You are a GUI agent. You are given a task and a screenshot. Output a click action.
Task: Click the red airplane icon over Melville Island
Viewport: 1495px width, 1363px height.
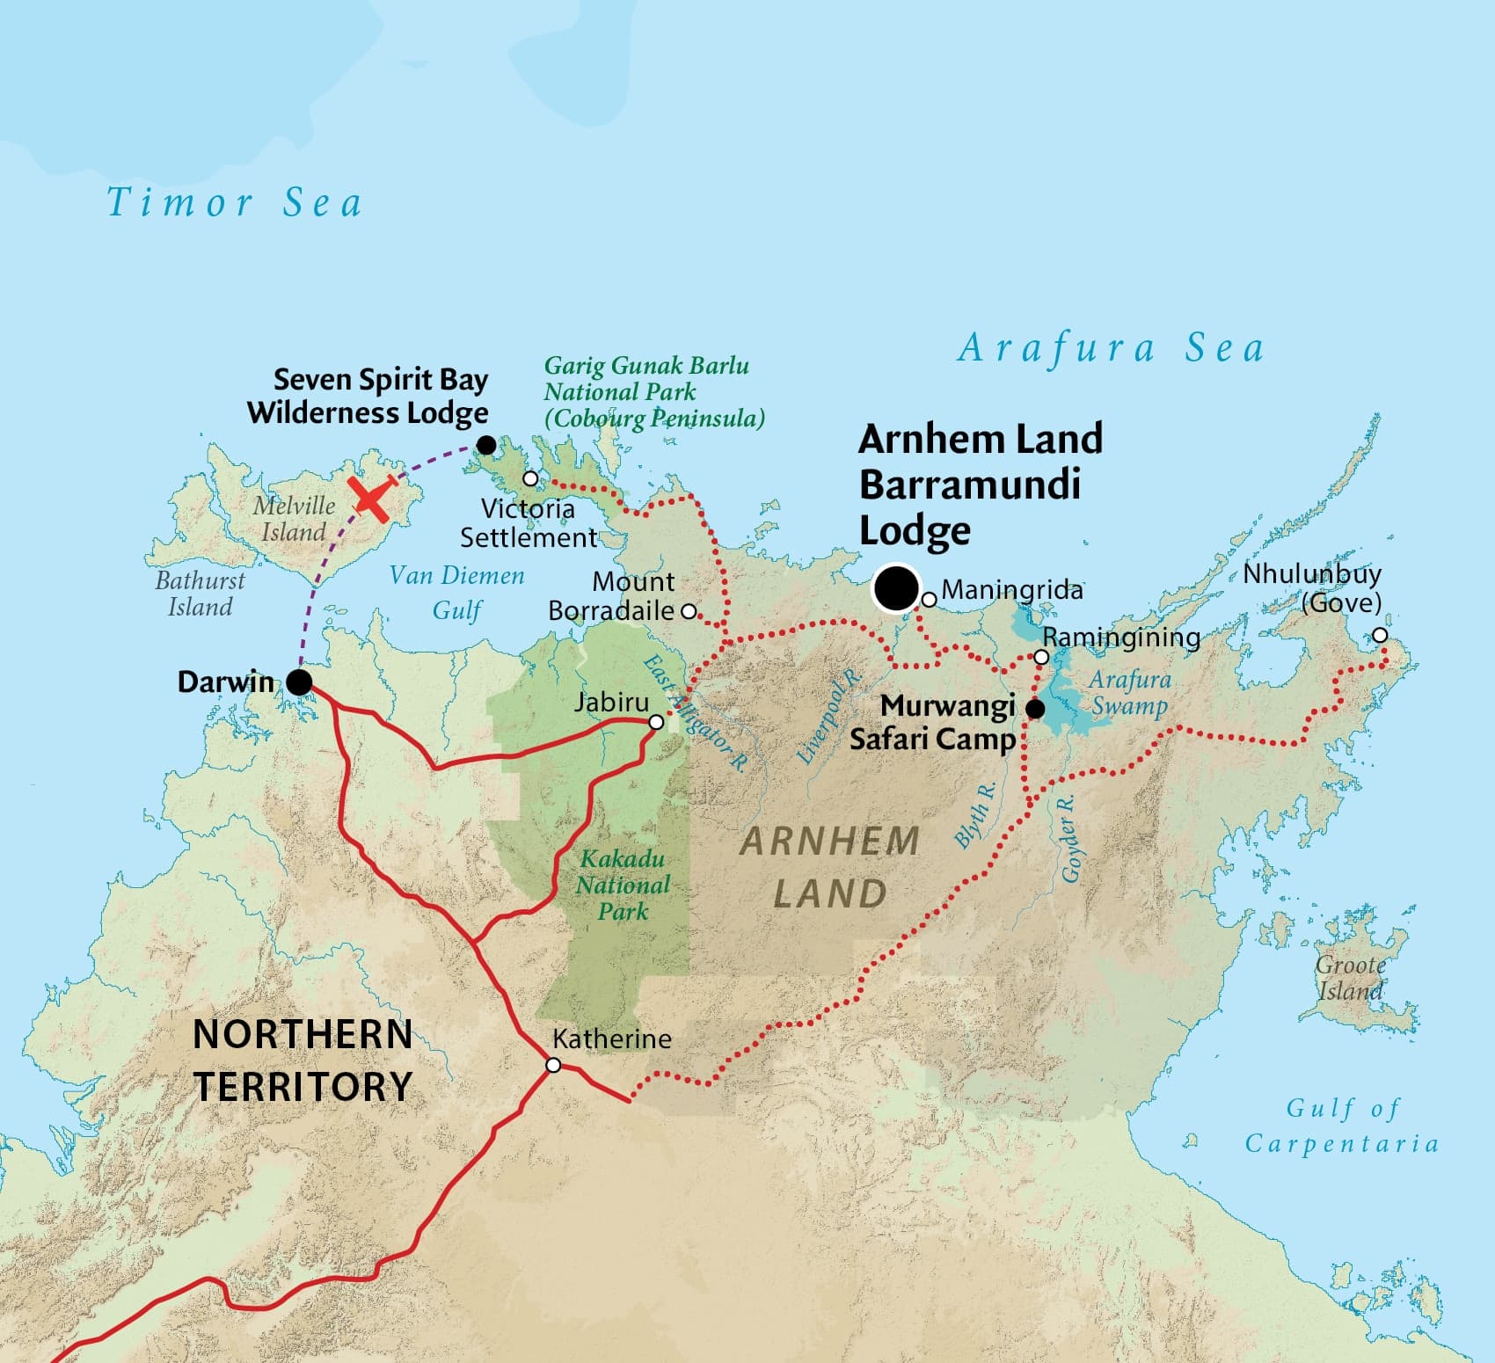pyautogui.click(x=373, y=499)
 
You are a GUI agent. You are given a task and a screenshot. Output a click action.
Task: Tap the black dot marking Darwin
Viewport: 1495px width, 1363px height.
pyautogui.click(x=299, y=681)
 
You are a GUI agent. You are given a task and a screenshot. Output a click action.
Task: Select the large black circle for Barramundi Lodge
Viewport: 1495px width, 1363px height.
pyautogui.click(x=896, y=588)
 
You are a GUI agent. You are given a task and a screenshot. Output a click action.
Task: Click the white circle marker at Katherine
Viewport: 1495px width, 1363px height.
pyautogui.click(x=553, y=1065)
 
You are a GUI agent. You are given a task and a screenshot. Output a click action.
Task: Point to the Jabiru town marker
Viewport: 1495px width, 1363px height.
pyautogui.click(x=656, y=722)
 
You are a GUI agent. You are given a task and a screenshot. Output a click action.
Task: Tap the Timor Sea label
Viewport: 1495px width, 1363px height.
pyautogui.click(x=234, y=203)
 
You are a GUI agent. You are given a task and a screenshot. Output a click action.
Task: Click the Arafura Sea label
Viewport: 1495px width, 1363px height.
pyautogui.click(x=1111, y=348)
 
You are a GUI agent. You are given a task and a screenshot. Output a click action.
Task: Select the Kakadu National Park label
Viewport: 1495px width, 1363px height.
pyautogui.click(x=623, y=885)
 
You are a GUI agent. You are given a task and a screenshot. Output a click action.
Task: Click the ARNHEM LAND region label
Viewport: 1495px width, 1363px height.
pyautogui.click(x=829, y=868)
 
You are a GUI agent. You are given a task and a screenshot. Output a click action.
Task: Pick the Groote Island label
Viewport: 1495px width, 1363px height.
pyautogui.click(x=1350, y=978)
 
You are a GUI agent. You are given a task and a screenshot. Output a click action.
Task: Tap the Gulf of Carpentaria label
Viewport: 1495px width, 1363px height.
pyautogui.click(x=1342, y=1126)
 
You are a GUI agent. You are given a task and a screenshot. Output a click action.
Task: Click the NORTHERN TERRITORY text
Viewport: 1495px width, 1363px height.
pyautogui.click(x=303, y=1061)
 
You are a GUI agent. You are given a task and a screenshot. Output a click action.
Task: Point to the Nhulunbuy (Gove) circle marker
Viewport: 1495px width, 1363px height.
pyautogui.click(x=1380, y=635)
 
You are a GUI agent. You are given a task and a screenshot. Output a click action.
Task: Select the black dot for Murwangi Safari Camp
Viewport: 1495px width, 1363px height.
pyautogui.click(x=1036, y=708)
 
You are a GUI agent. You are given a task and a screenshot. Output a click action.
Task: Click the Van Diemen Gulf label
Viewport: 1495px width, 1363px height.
pyautogui.click(x=456, y=592)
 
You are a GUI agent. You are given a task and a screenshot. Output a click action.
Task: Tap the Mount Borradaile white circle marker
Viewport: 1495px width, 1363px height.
pyautogui.click(x=689, y=610)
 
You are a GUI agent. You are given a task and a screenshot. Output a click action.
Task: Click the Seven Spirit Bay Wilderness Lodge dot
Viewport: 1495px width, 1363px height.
pyautogui.click(x=485, y=446)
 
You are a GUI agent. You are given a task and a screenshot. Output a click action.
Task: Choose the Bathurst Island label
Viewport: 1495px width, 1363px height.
pyautogui.click(x=200, y=594)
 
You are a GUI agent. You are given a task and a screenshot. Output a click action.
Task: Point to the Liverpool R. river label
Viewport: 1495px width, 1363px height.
pyautogui.click(x=828, y=717)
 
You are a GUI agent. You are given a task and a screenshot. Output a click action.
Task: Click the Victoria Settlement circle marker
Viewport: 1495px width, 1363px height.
pyautogui.click(x=530, y=478)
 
